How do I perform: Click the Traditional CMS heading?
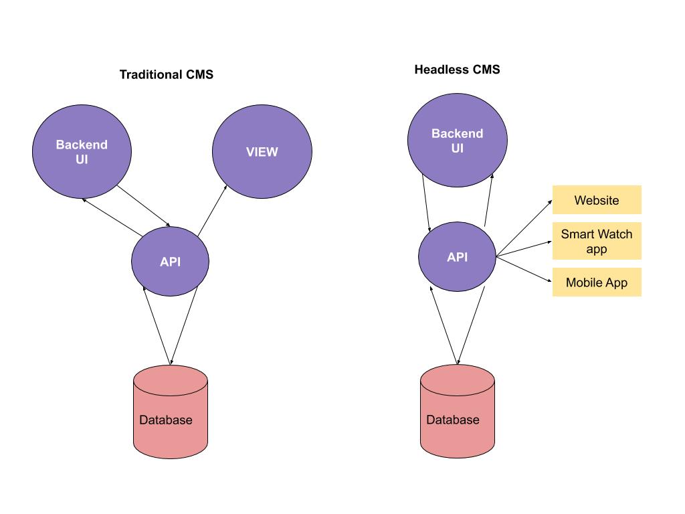166,74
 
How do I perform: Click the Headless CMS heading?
457,69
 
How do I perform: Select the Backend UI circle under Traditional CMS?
82,152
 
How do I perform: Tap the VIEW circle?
262,152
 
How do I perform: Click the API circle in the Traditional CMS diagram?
170,262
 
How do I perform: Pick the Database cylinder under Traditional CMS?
170,412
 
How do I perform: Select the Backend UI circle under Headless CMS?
457,141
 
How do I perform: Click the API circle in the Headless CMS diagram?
457,257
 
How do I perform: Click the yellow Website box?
597,200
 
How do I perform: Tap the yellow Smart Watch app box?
597,241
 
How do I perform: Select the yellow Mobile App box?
597,282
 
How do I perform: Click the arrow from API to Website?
524,228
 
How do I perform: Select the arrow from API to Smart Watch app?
524,249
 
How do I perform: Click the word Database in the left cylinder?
165,420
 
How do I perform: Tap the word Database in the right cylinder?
453,420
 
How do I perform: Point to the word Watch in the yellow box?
615,234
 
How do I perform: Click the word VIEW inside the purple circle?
262,152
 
